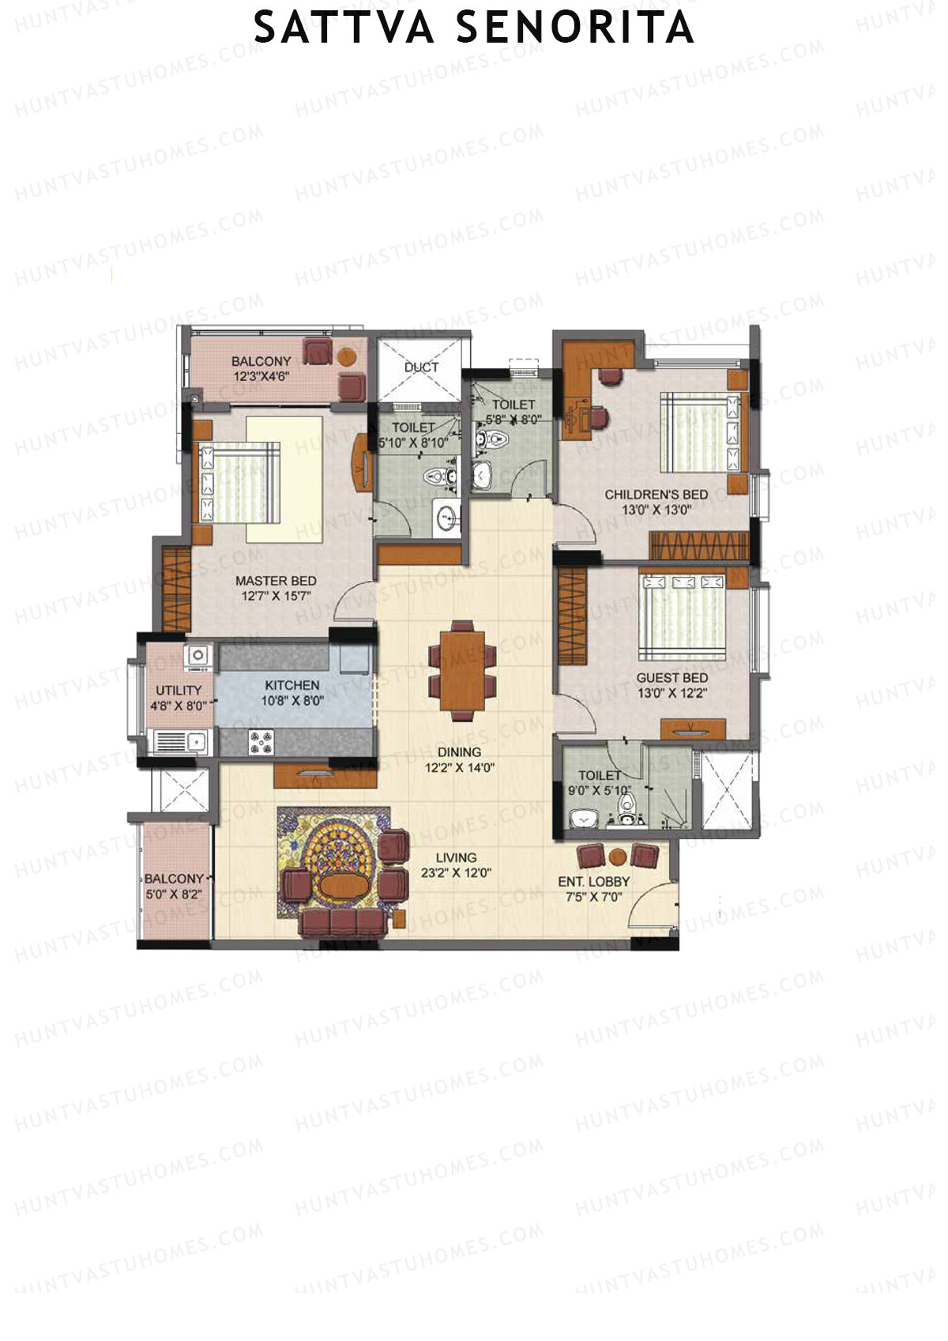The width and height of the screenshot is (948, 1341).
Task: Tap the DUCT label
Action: (421, 367)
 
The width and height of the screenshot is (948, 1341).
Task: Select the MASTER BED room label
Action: (276, 581)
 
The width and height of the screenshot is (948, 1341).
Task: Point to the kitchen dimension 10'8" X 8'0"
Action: (292, 700)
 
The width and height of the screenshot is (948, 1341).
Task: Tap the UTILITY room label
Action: (179, 690)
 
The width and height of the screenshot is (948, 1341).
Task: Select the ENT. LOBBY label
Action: (594, 882)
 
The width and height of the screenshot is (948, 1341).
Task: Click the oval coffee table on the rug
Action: (342, 883)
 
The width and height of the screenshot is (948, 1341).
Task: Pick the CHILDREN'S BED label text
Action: (656, 495)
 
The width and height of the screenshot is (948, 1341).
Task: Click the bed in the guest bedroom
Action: (683, 616)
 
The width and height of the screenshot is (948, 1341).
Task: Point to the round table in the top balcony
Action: (346, 357)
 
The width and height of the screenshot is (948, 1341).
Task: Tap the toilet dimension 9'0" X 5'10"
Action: (600, 790)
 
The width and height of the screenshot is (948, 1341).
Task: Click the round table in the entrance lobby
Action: (619, 857)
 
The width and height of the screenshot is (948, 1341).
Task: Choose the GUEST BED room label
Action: (672, 678)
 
